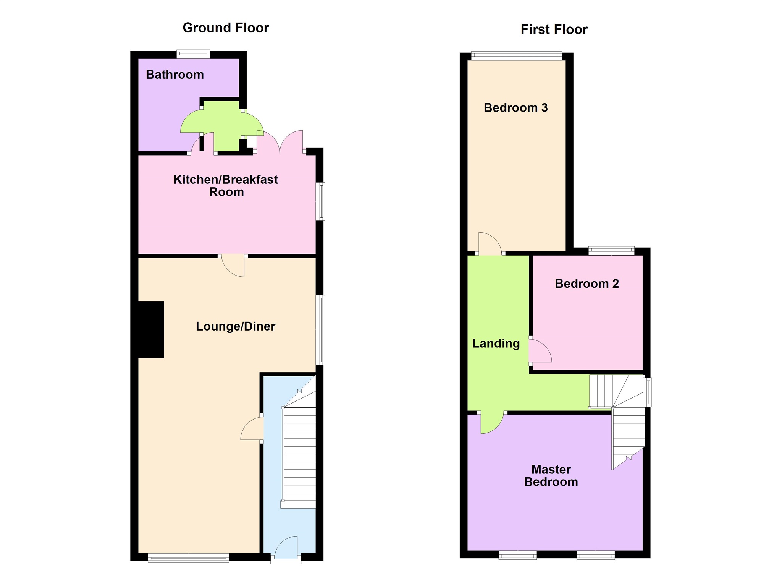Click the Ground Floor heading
click(226, 28)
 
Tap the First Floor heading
click(554, 29)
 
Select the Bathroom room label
click(175, 75)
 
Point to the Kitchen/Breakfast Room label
click(226, 186)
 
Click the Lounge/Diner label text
click(235, 326)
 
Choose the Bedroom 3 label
click(515, 108)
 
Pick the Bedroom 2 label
click(586, 284)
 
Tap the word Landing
click(496, 344)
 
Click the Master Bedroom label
click(551, 475)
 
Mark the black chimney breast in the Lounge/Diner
click(151, 329)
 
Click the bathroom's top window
click(193, 54)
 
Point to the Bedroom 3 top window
click(516, 56)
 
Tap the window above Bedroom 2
click(611, 251)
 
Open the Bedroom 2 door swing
click(539, 351)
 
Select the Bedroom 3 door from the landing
click(490, 244)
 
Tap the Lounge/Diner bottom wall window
click(189, 558)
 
